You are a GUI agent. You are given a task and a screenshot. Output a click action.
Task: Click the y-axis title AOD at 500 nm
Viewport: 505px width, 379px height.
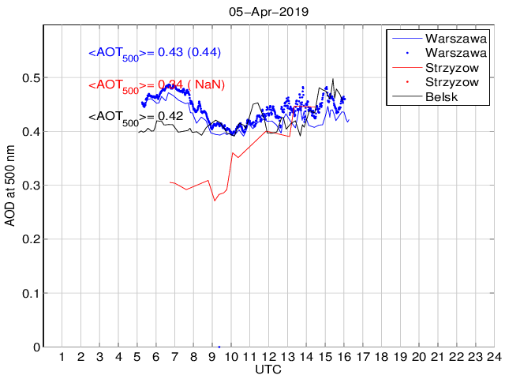click(x=11, y=186)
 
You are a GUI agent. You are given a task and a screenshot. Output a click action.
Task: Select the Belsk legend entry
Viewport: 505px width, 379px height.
click(x=441, y=97)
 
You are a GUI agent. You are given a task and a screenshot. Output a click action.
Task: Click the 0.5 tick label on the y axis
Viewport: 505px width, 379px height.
click(x=31, y=78)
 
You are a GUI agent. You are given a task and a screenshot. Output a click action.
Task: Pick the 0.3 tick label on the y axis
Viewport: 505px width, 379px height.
click(x=31, y=186)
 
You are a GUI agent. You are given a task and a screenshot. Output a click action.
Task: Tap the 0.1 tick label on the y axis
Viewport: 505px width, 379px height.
click(x=31, y=293)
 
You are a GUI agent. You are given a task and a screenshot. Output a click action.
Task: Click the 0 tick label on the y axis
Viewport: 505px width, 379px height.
click(x=36, y=347)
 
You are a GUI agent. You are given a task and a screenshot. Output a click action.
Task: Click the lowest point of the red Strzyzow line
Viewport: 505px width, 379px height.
click(x=214, y=201)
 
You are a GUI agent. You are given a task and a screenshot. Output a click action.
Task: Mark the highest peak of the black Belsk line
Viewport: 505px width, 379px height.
click(x=333, y=79)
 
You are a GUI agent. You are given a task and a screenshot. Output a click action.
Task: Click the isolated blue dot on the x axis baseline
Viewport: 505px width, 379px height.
click(x=219, y=346)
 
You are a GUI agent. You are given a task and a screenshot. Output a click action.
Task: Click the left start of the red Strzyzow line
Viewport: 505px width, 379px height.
click(x=170, y=182)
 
